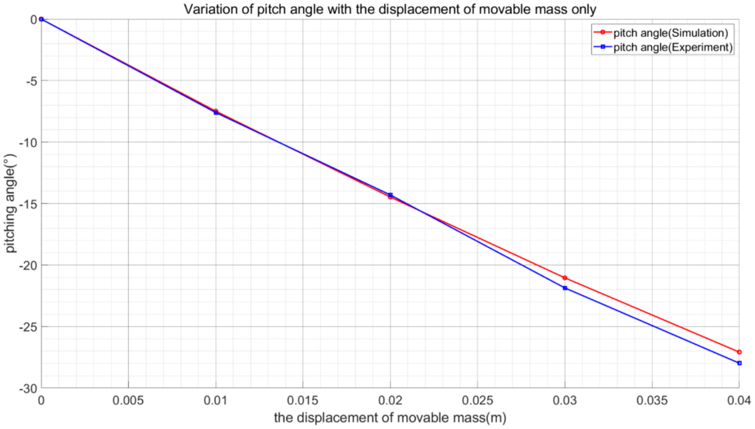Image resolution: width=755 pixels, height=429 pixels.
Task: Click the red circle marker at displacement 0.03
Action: [565, 278]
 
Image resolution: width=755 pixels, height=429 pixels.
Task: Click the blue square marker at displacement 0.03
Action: [565, 288]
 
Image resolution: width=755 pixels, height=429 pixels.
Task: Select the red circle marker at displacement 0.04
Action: [739, 352]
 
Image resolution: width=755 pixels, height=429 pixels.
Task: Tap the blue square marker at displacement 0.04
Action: [739, 363]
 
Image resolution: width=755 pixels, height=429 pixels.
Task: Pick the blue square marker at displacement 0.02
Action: [390, 195]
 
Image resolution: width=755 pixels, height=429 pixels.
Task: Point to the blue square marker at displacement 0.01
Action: [216, 113]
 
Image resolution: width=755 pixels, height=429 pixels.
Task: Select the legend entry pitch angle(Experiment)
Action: [673, 47]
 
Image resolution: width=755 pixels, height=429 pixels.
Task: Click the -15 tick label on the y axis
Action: [28, 204]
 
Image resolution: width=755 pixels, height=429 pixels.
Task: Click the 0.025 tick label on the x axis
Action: [477, 400]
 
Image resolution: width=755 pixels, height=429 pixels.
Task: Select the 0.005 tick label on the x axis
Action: [128, 400]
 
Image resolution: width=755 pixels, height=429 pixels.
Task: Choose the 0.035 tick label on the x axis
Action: [652, 400]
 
